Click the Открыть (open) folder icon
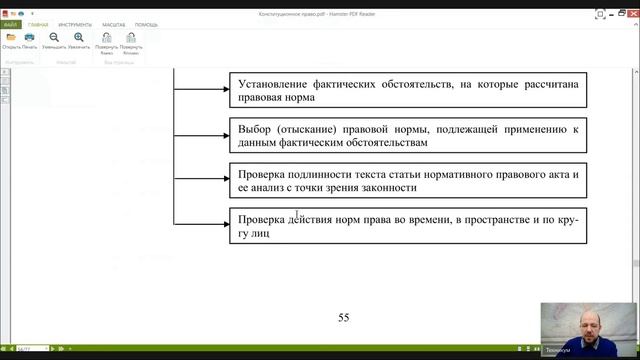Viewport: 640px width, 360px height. pyautogui.click(x=11, y=37)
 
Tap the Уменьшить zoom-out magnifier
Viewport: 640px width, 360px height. pyautogui.click(x=54, y=37)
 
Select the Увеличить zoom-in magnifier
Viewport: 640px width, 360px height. pyautogui.click(x=79, y=37)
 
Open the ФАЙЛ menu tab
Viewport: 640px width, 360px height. pyautogui.click(x=11, y=23)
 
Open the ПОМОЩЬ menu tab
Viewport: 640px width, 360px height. pyautogui.click(x=146, y=23)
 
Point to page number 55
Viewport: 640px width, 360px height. pyautogui.click(x=343, y=318)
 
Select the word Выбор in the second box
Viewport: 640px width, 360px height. pyautogui.click(x=255, y=130)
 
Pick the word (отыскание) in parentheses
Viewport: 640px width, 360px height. pyautogui.click(x=307, y=130)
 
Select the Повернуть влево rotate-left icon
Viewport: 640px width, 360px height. pyautogui.click(x=106, y=37)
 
